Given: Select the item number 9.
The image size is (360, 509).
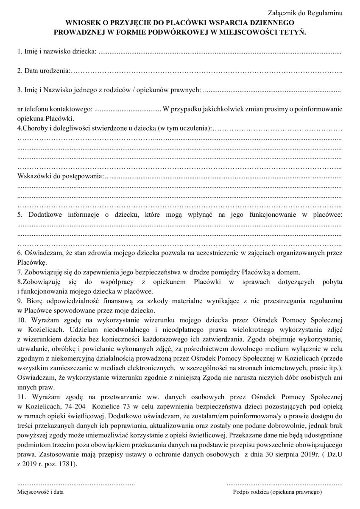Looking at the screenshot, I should (20, 301).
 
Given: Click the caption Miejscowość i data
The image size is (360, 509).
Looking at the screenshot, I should (41, 492).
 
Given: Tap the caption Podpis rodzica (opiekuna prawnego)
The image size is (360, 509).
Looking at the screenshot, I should (278, 492).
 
